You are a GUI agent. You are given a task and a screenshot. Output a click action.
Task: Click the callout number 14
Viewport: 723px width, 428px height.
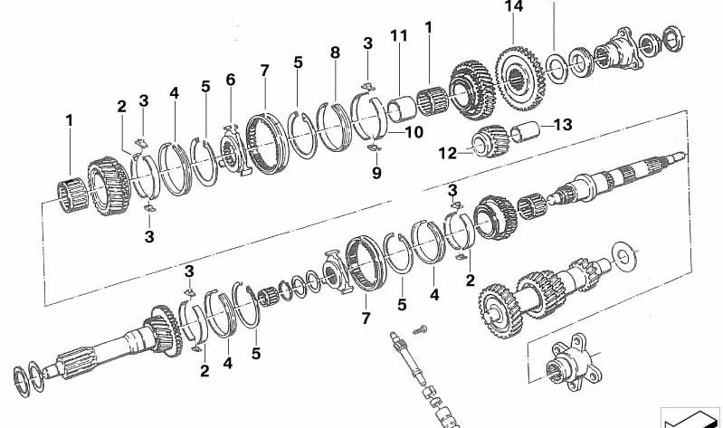514,7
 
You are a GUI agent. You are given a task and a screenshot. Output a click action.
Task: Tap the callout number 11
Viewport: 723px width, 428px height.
399,36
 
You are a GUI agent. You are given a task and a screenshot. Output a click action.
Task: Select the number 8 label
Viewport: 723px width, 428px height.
335,53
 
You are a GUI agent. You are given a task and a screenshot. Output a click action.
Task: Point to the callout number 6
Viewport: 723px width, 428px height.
230,81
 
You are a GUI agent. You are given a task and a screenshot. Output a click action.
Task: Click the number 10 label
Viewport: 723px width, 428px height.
413,132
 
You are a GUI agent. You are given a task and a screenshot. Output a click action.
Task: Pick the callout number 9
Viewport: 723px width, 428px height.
376,171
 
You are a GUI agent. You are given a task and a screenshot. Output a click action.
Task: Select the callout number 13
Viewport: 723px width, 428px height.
563,125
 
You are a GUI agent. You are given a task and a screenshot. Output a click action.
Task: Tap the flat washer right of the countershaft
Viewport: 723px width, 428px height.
623,256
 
